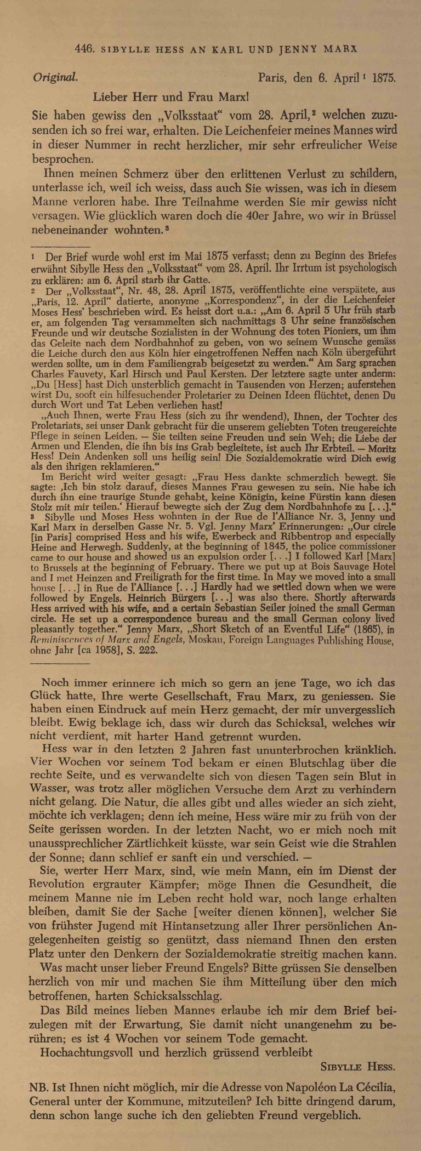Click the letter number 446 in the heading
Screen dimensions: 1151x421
[x=83, y=49]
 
